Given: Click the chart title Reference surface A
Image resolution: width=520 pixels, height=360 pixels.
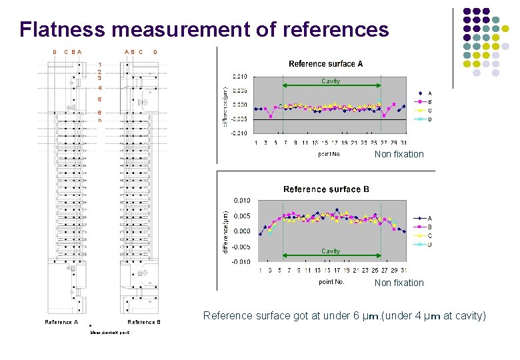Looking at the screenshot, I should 325,64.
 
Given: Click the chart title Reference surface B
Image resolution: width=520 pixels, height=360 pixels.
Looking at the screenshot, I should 326,189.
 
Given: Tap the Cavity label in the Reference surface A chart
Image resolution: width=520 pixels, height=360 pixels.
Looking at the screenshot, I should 331,81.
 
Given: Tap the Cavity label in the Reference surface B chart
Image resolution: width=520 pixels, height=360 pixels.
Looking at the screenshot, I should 331,251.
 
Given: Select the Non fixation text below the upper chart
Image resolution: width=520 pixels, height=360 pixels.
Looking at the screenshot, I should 399,154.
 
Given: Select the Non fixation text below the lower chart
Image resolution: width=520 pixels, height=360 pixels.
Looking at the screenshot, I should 399,283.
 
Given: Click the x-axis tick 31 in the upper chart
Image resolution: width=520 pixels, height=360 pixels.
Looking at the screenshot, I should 404,142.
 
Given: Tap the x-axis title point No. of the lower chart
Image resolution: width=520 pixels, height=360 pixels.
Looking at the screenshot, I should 331,282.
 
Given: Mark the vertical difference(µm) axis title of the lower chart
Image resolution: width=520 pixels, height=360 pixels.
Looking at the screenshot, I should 225,229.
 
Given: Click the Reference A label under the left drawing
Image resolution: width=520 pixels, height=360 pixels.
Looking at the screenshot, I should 61,322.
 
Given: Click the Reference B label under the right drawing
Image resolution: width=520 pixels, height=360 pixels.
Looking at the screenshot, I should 144,322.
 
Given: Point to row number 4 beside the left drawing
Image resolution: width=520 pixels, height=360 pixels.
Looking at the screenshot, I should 99,88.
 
